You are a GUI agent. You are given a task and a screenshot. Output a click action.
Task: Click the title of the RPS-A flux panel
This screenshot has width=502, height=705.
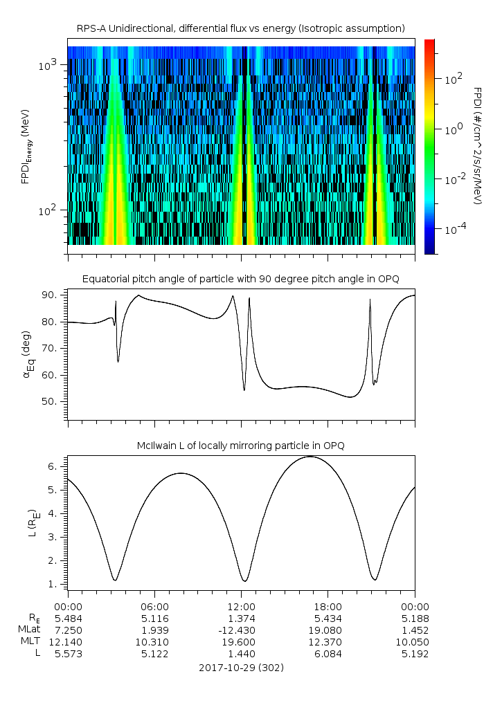(x=240, y=28)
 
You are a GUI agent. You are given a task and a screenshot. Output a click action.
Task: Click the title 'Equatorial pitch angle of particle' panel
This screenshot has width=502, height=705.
(x=240, y=279)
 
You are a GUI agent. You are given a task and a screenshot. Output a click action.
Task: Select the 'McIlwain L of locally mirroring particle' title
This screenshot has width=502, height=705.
(x=240, y=446)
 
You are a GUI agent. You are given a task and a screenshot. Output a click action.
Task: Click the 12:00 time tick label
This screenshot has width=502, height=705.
(x=241, y=605)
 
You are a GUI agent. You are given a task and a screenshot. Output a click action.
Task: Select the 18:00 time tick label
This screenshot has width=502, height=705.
(x=328, y=605)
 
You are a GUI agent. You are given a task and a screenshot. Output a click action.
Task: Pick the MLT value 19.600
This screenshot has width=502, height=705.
(x=241, y=642)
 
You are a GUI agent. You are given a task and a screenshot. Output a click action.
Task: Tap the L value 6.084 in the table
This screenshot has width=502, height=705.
(x=328, y=654)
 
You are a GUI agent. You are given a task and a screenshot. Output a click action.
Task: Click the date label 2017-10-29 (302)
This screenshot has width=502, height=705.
(x=241, y=668)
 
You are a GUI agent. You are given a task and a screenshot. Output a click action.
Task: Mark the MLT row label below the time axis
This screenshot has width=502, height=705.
(x=29, y=642)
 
